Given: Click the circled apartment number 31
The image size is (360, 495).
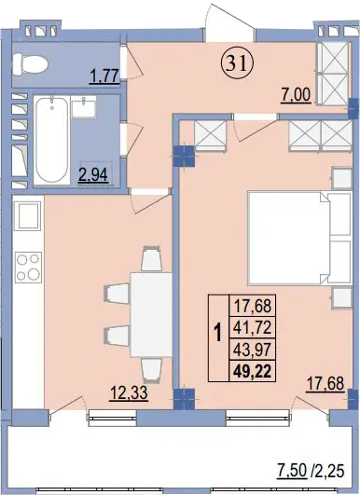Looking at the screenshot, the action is (238, 63).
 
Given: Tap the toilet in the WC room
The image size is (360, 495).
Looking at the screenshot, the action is (31, 64).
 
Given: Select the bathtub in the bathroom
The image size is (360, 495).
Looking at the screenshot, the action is (52, 140).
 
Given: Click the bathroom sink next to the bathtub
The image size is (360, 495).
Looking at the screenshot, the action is (84, 106).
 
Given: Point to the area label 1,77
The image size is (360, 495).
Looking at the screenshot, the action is (104, 76).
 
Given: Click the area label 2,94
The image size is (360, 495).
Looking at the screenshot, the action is (93, 174).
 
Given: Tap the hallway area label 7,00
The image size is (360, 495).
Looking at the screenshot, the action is (297, 95).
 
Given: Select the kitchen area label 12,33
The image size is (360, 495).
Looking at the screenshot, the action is (129, 393).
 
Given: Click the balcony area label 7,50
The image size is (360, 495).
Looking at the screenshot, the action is (292, 472).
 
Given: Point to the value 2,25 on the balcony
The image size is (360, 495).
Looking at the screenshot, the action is (329, 472).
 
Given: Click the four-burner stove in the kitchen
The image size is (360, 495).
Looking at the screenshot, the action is (28, 268).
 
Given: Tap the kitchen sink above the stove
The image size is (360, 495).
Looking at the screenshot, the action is (28, 216).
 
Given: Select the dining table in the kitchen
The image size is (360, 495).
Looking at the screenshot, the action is (152, 315).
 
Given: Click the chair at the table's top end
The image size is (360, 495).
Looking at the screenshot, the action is (152, 258).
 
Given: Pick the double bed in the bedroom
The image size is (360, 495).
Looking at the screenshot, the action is (299, 238).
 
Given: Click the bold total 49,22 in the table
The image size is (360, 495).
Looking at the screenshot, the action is (253, 371).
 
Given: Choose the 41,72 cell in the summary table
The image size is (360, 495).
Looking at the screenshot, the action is (253, 327).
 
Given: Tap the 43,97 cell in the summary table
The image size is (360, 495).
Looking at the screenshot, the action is (253, 350).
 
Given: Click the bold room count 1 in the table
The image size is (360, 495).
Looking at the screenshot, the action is (218, 334).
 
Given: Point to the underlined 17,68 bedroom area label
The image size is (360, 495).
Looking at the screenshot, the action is (325, 384).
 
